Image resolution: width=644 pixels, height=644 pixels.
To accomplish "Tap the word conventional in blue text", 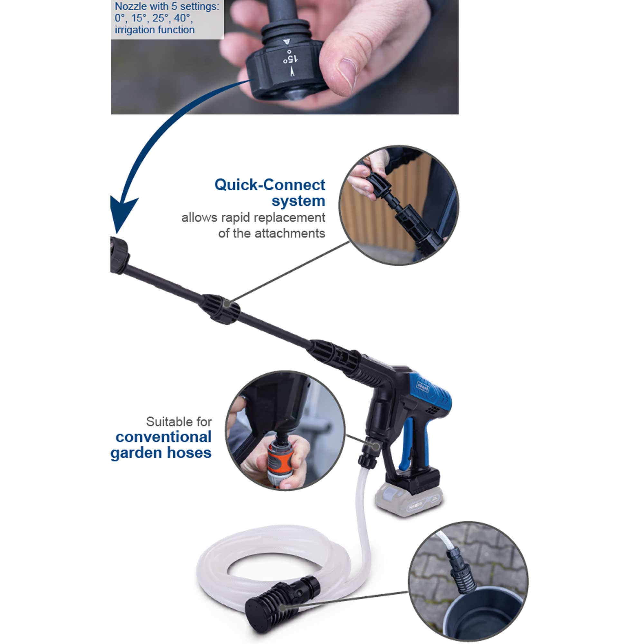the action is coord(163,437).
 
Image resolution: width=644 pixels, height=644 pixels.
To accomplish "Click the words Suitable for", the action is coord(179,422).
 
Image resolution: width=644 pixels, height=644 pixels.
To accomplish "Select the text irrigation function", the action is coord(155,30).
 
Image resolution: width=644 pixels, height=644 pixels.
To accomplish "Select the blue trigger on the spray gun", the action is coord(409,443).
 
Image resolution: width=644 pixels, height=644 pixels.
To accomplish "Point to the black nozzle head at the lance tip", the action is coord(119,255).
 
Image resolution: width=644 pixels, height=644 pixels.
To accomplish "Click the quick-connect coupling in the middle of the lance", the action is coord(220,308).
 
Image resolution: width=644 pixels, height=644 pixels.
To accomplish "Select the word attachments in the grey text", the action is coord(290,233).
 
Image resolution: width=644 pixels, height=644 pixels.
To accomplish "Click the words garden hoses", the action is coord(161,453).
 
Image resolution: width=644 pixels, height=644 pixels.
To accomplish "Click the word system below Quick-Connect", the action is coord(298,201).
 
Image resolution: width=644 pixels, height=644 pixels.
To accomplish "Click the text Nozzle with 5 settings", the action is coord(167,7).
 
